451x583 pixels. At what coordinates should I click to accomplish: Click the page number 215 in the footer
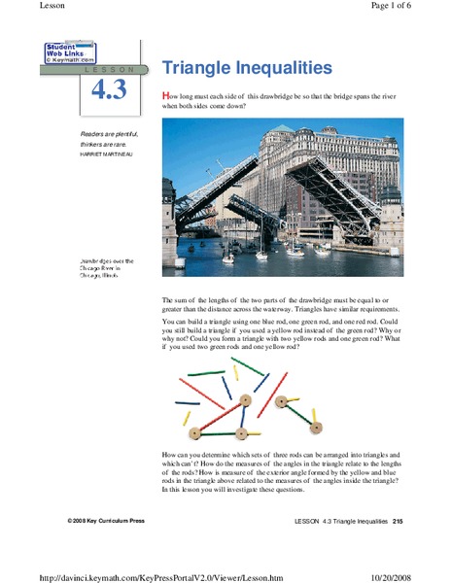pos(398,522)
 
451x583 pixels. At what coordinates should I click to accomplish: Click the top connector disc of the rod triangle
pos(245,398)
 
